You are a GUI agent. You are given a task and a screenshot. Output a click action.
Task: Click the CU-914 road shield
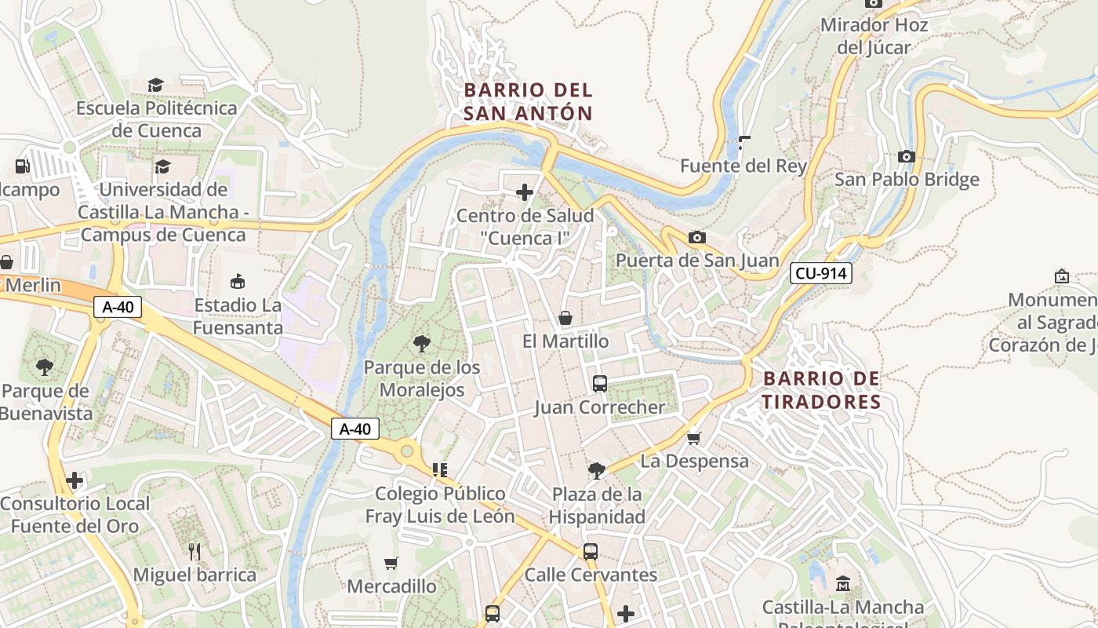(820, 273)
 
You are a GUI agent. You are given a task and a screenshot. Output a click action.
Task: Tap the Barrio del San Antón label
(528, 102)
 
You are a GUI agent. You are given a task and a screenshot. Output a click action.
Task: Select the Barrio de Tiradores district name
(822, 390)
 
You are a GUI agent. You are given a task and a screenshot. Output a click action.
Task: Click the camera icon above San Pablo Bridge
(907, 156)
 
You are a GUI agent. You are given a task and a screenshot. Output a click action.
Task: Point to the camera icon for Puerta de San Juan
(696, 237)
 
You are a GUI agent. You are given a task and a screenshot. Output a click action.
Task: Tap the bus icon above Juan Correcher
(600, 384)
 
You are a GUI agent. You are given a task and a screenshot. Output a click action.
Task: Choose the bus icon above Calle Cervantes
(591, 551)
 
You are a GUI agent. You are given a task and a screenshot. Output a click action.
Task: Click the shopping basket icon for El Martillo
(565, 318)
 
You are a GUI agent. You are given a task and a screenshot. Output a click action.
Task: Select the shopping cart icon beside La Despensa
(693, 437)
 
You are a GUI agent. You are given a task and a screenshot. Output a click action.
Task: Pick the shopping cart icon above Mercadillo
(391, 563)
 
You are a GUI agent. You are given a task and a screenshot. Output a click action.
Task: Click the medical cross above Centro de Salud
(524, 192)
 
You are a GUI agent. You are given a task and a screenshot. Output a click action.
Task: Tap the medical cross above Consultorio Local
(75, 480)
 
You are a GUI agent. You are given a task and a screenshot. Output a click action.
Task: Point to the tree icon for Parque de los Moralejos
(422, 343)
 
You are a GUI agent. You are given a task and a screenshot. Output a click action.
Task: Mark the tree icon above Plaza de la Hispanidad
(597, 470)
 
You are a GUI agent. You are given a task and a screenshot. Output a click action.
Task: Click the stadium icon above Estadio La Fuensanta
(238, 281)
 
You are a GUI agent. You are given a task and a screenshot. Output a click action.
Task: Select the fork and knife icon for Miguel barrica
(195, 551)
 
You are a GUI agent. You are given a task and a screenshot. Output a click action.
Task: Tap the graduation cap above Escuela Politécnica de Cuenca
(156, 85)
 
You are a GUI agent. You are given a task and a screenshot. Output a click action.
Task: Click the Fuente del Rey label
(743, 166)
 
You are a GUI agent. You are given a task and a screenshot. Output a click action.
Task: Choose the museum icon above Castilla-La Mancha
(843, 583)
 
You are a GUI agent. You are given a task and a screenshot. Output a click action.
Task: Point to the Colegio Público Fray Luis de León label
(440, 505)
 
